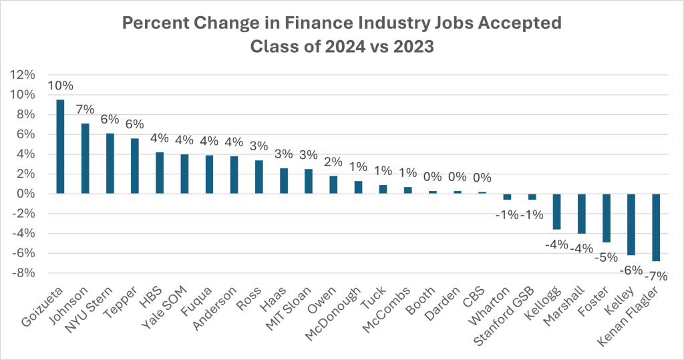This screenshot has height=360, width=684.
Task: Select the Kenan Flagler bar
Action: [x=656, y=227]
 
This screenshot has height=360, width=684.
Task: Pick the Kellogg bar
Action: [x=556, y=211]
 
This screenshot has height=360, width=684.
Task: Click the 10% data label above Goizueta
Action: [x=60, y=86]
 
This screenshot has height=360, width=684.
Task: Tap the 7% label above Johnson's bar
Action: [x=85, y=110]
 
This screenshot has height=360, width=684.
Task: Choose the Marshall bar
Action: [x=581, y=213]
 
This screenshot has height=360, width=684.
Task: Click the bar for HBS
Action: [x=159, y=173]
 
